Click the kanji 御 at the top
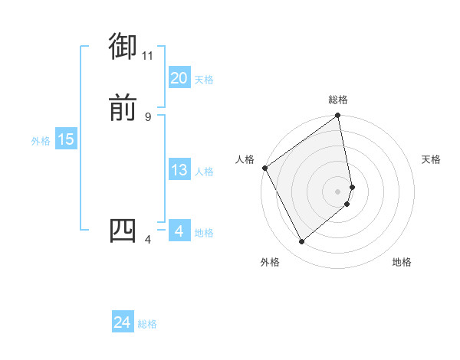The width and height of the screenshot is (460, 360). (x=123, y=47)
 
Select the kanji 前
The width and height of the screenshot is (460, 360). (x=123, y=108)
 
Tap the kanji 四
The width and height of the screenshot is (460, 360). (x=123, y=231)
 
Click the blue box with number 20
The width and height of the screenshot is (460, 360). (x=179, y=78)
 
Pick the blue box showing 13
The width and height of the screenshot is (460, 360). (x=179, y=170)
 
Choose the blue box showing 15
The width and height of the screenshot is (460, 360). (x=66, y=139)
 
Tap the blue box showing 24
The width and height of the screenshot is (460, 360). (x=123, y=323)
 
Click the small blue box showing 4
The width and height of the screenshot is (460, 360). (x=179, y=231)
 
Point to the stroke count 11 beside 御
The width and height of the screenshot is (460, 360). (x=148, y=55)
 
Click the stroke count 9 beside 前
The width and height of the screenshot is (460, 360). (x=148, y=116)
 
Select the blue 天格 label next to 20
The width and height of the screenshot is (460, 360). (x=204, y=80)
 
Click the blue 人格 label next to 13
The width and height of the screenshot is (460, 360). (x=204, y=172)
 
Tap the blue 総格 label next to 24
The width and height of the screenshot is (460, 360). (x=147, y=325)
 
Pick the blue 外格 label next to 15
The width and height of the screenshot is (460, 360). (x=41, y=141)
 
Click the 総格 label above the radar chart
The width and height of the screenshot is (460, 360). (x=338, y=100)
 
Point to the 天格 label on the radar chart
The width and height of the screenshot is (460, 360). (x=431, y=159)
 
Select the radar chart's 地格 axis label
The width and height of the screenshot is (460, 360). (x=402, y=263)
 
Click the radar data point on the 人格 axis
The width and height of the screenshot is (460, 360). (x=264, y=168)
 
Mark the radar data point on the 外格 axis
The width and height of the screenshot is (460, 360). (x=301, y=242)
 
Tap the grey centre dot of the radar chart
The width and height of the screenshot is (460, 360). (x=338, y=191)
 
